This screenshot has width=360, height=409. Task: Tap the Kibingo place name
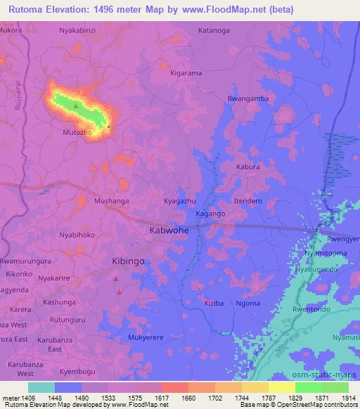[x=128, y=261]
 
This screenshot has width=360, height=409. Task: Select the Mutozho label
[x=77, y=131]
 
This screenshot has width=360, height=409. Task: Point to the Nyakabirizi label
[x=79, y=32]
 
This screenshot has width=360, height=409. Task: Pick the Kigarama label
[x=186, y=72]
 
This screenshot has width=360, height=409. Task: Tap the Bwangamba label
[x=248, y=98]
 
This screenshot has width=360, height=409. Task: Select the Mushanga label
[x=112, y=201]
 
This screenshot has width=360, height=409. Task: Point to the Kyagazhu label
[x=179, y=201]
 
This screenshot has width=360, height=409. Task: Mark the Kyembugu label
[x=77, y=370]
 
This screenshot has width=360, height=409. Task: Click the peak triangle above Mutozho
[x=76, y=106]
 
